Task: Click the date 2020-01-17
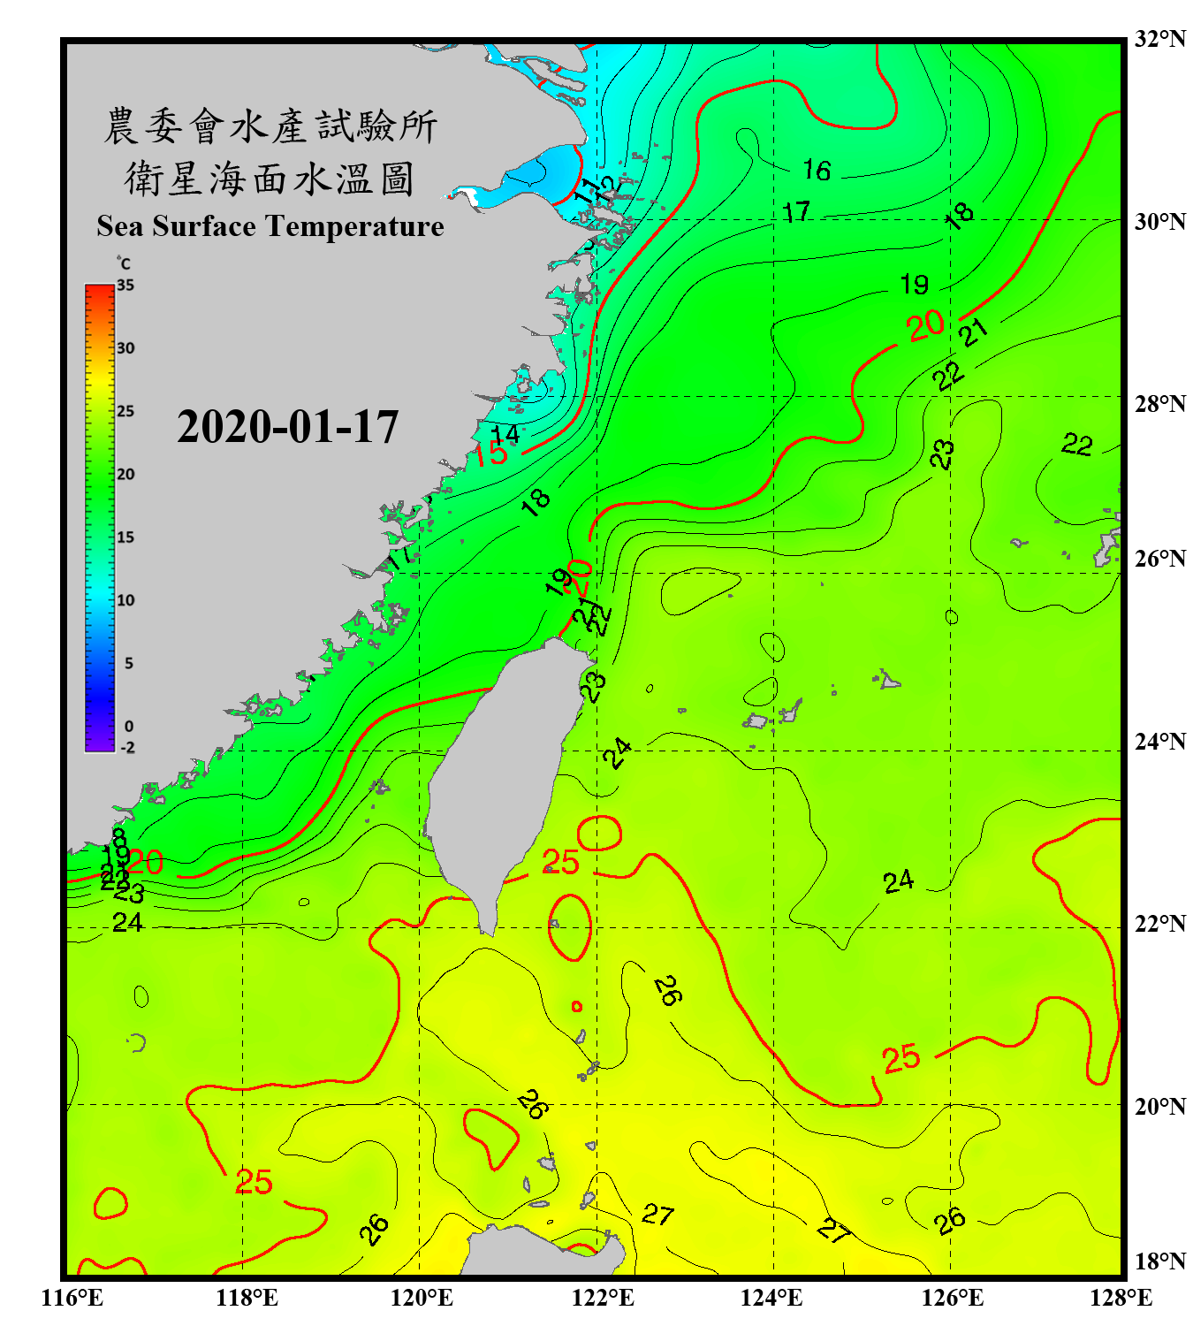pyautogui.click(x=287, y=427)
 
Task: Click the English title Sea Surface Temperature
pyautogui.click(x=270, y=226)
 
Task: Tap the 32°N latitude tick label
pyautogui.click(x=1159, y=39)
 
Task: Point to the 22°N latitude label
pyautogui.click(x=1159, y=924)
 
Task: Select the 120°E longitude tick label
pyautogui.click(x=422, y=1298)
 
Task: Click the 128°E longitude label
pyautogui.click(x=1121, y=1298)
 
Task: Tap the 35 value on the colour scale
pyautogui.click(x=125, y=285)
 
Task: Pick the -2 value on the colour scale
pyautogui.click(x=127, y=747)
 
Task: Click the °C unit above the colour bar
pyautogui.click(x=124, y=263)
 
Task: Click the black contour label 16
pyautogui.click(x=817, y=170)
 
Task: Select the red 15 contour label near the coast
pyautogui.click(x=489, y=454)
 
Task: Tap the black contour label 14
pyautogui.click(x=505, y=435)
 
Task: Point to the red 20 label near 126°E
pyautogui.click(x=925, y=326)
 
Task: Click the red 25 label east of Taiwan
pyautogui.click(x=560, y=862)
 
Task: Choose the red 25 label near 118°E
pyautogui.click(x=254, y=1182)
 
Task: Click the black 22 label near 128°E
pyautogui.click(x=1076, y=444)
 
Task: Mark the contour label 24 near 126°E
pyautogui.click(x=898, y=881)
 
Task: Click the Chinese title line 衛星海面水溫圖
pyautogui.click(x=270, y=179)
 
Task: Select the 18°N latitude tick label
pyautogui.click(x=1159, y=1261)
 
